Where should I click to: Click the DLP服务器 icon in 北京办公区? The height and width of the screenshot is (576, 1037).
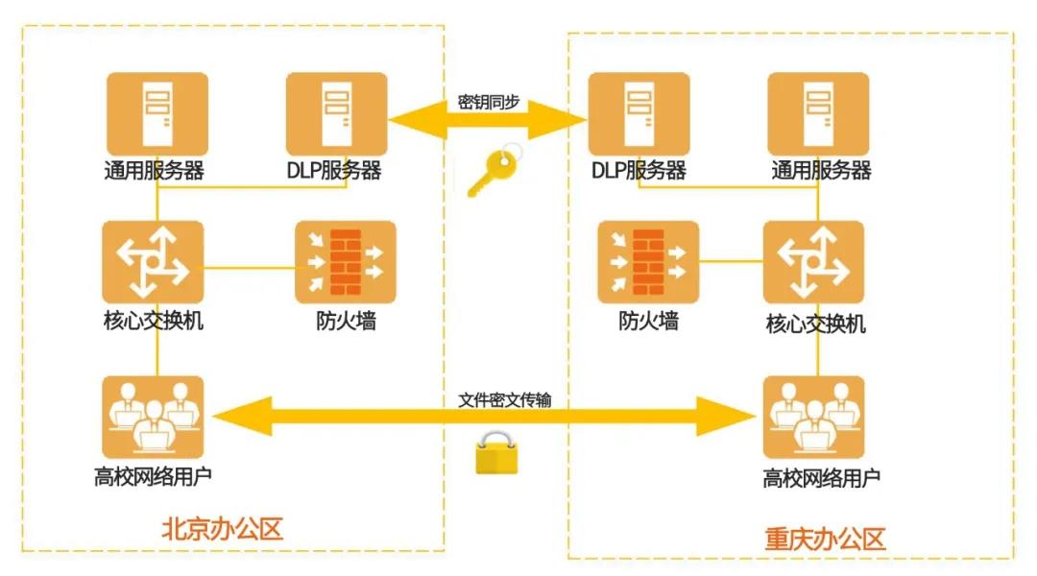pos(336,114)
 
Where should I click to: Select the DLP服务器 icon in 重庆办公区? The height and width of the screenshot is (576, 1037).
pos(639,114)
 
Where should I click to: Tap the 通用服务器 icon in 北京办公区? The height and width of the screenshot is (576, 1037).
pos(155,114)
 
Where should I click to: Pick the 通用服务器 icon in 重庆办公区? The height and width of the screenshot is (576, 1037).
pos(818,114)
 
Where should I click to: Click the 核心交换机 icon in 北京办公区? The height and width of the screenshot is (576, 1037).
pos(154,262)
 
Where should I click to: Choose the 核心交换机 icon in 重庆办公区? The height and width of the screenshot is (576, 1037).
pos(813,262)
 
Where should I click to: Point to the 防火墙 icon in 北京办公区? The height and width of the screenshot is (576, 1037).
pos(345,262)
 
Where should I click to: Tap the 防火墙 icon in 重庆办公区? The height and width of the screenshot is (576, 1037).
pos(648,262)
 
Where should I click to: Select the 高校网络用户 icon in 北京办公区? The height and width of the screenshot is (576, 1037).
pos(154,417)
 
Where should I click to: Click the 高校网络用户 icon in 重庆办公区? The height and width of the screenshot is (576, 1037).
pos(813,418)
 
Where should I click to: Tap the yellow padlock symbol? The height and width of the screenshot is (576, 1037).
pos(496,453)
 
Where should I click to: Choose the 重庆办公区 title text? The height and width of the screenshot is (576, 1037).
pos(824,539)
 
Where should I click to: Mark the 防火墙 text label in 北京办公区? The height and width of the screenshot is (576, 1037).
pos(346,321)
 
